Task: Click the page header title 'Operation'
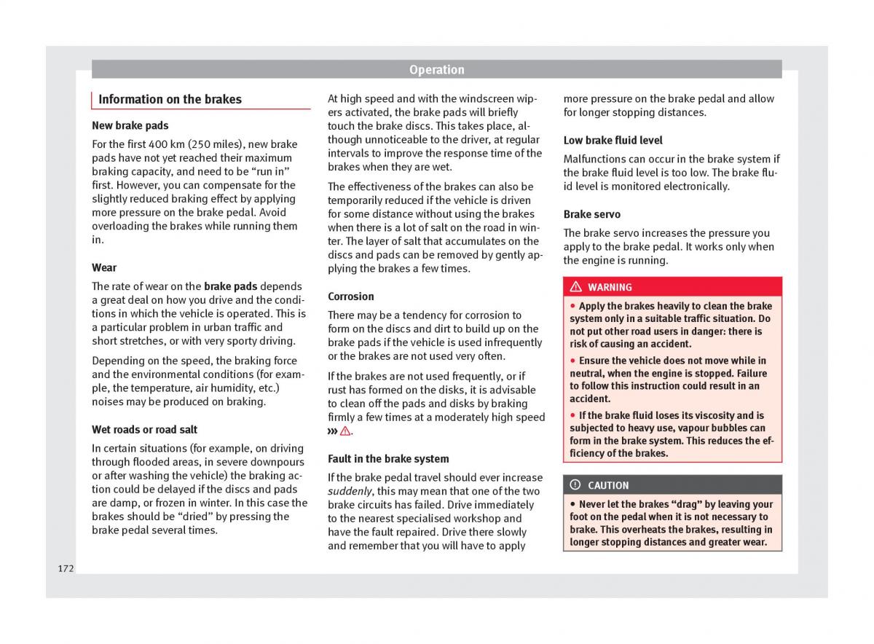pyautogui.click(x=436, y=70)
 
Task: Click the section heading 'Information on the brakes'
pyautogui.click(x=170, y=100)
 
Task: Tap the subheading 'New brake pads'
pyautogui.click(x=130, y=125)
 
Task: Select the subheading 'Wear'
pyautogui.click(x=104, y=267)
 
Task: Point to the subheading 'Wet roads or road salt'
pyautogui.click(x=144, y=430)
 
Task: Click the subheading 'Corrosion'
pyautogui.click(x=350, y=297)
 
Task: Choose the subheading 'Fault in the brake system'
pyautogui.click(x=388, y=459)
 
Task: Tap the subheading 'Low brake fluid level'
pyautogui.click(x=613, y=140)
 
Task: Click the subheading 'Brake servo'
pyautogui.click(x=591, y=214)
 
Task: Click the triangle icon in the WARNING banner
pyautogui.click(x=575, y=287)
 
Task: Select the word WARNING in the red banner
pyautogui.click(x=610, y=287)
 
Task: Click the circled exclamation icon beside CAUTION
pyautogui.click(x=575, y=485)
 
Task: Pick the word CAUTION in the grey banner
pyautogui.click(x=608, y=485)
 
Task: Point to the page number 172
pyautogui.click(x=66, y=568)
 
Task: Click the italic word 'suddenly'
pyautogui.click(x=350, y=491)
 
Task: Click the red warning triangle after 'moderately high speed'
pyautogui.click(x=345, y=431)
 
